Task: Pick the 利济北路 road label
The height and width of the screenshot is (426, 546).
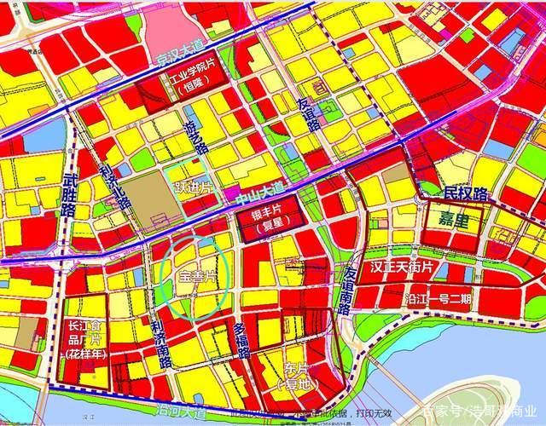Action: click(x=113, y=177)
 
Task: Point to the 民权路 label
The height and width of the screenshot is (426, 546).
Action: click(x=466, y=194)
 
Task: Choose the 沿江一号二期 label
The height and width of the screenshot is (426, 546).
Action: click(x=439, y=299)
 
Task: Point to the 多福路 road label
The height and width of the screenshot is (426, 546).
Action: click(x=241, y=340)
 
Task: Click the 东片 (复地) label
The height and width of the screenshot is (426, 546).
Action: click(x=293, y=376)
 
